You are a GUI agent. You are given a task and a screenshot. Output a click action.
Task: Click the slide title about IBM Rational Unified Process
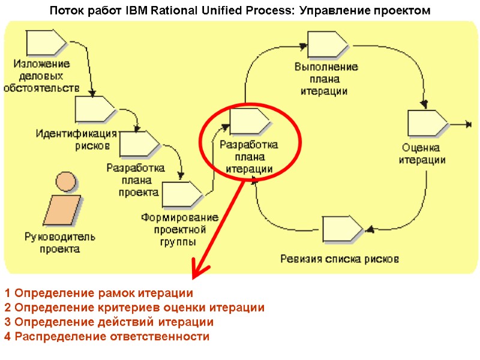[240, 11]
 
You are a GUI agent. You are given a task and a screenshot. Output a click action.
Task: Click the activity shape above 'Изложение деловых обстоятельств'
[44, 42]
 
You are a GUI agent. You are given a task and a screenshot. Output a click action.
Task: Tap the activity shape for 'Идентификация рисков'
[94, 109]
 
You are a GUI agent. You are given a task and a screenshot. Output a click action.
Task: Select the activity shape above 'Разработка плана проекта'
[139, 144]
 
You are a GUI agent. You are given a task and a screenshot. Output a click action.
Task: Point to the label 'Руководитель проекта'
[59, 242]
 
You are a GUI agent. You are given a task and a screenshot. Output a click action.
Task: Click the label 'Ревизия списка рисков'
[340, 259]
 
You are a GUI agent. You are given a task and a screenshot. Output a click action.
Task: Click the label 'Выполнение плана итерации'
[326, 79]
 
